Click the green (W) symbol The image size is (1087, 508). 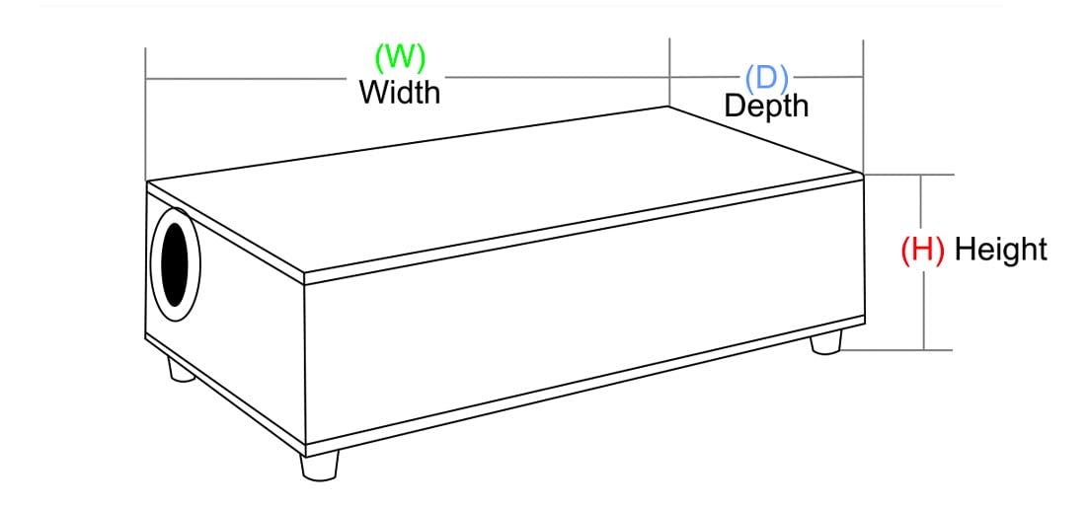399,57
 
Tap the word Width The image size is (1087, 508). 399,92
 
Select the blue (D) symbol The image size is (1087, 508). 767,78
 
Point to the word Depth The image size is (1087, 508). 766,106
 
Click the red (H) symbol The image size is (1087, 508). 922,249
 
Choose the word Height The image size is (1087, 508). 1000,249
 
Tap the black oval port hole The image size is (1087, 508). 175,264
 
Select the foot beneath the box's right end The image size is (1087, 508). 826,342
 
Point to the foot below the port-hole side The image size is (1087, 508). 182,369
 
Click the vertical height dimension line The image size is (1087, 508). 923,262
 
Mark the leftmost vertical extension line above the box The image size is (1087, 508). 145,113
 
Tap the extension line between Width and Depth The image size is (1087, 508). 669,72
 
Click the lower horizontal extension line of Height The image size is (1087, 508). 896,350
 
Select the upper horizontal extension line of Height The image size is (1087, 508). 909,175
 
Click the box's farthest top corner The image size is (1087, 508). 667,107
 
